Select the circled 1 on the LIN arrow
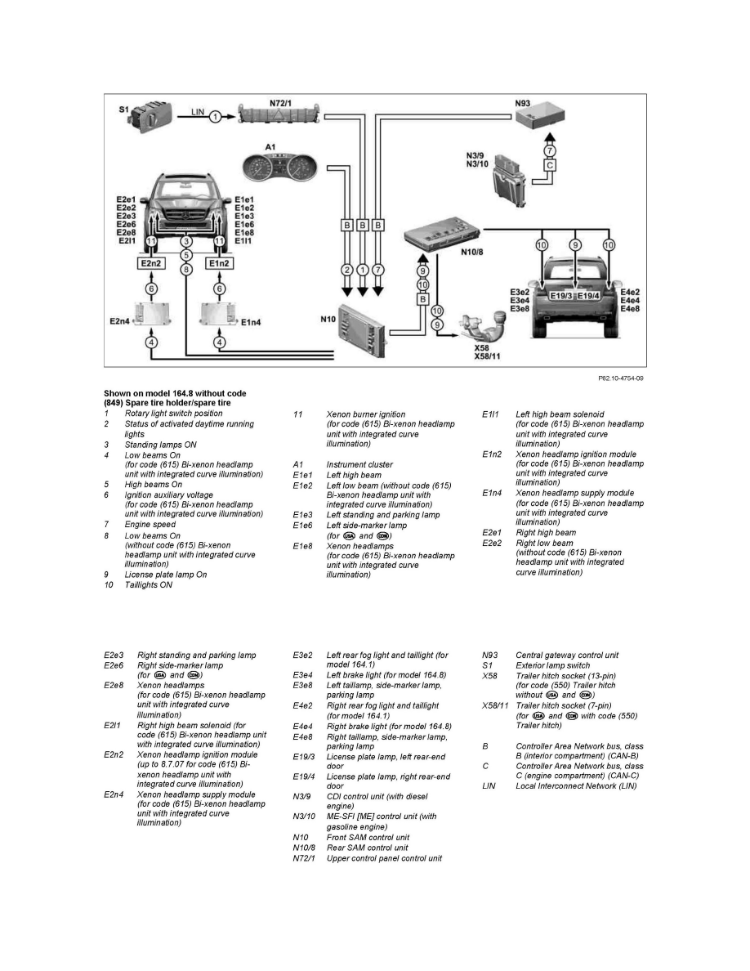coord(214,118)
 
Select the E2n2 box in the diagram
coord(151,263)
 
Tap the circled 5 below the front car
coord(186,255)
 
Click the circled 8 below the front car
coord(186,268)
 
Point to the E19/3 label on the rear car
coord(561,295)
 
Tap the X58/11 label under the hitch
coord(489,356)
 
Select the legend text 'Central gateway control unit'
coord(567,655)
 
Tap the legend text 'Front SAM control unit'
coord(368,837)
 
